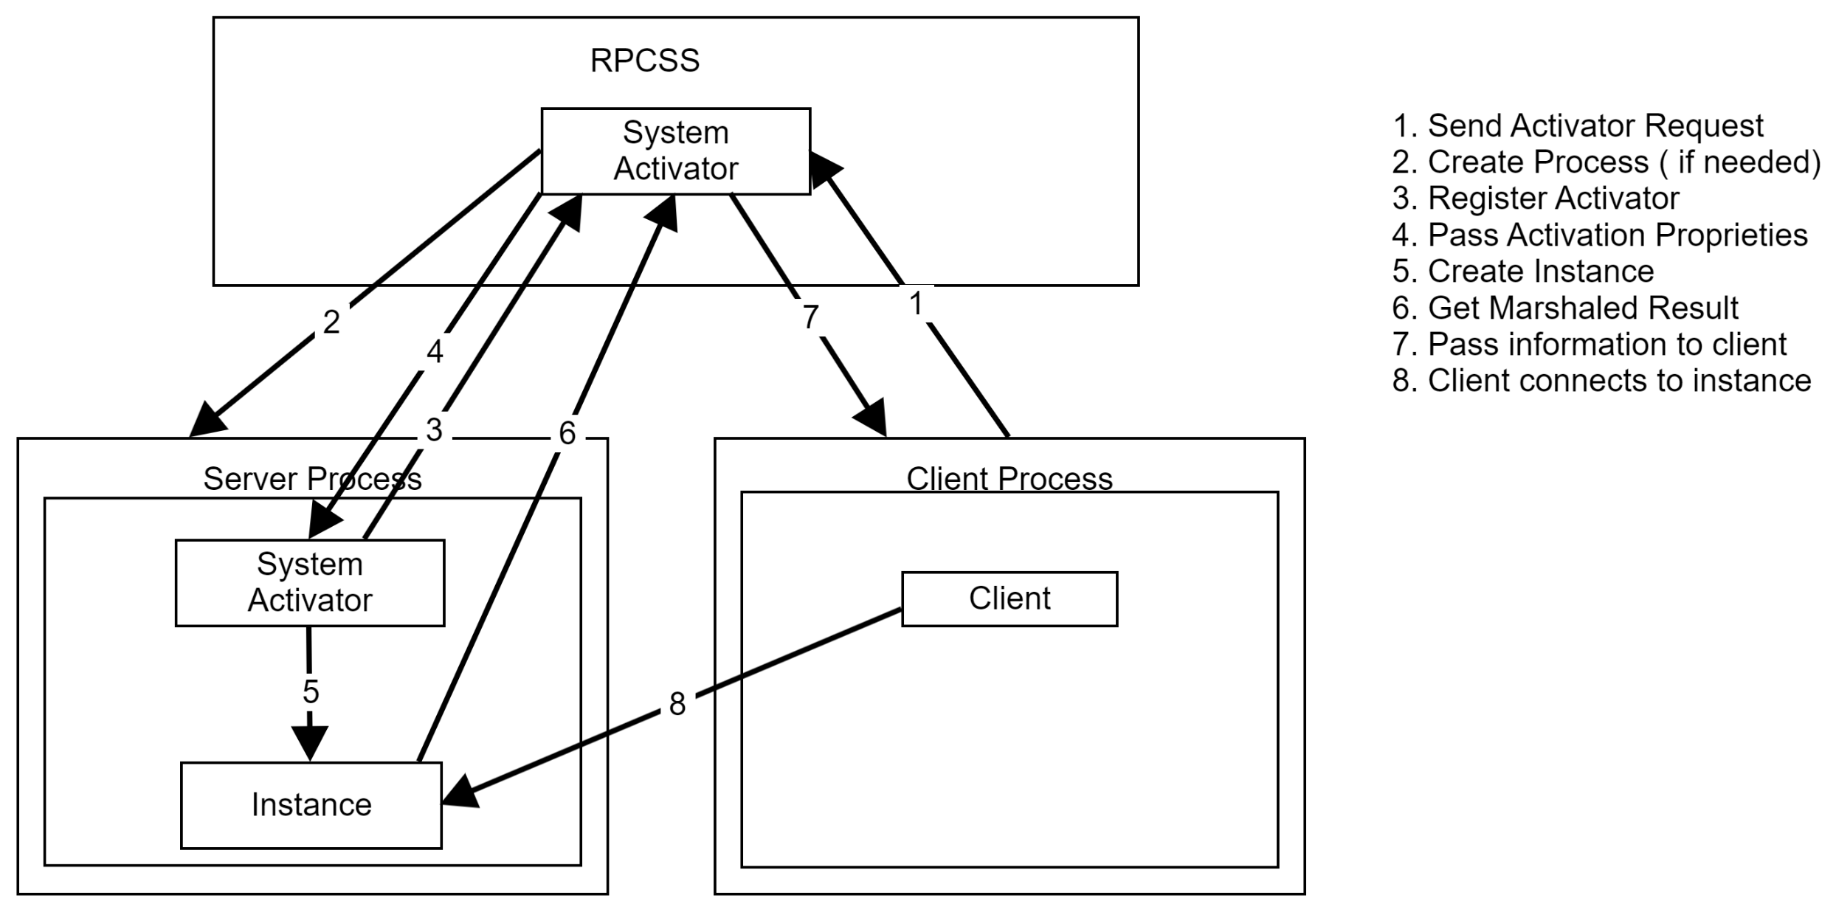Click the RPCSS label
644,61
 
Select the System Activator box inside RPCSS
675,151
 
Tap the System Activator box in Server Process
309,582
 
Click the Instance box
311,804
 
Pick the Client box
1009,598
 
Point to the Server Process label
312,479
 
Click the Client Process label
1009,479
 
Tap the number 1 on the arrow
916,303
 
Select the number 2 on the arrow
331,322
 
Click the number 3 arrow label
434,429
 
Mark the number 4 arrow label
435,352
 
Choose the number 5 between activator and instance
311,691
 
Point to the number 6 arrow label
567,433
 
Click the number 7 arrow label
810,317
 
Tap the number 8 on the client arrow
677,704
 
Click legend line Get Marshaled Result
1564,308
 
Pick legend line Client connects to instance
1601,381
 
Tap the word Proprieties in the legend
1730,235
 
